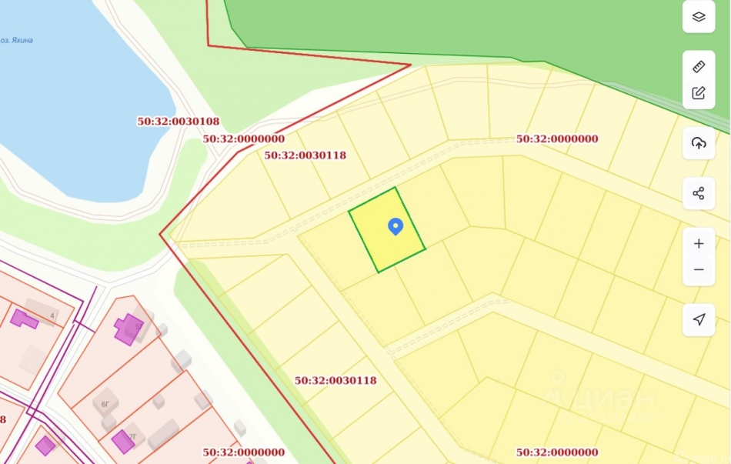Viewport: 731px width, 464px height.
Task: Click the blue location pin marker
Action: (x=396, y=226)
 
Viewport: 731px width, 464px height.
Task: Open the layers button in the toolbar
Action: (x=699, y=17)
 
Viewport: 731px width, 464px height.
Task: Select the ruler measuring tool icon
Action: (x=699, y=66)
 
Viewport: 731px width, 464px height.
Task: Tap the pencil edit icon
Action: (x=699, y=93)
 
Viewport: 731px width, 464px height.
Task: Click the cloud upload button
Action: (x=699, y=143)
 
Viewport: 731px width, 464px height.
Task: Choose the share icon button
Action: (x=699, y=193)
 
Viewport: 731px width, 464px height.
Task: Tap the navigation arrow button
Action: (x=699, y=319)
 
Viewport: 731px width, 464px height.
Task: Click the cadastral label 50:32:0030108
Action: (x=179, y=122)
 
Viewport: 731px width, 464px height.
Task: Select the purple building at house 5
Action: (x=128, y=329)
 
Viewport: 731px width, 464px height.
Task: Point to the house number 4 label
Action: (x=52, y=316)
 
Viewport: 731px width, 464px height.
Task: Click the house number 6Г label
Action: (x=105, y=403)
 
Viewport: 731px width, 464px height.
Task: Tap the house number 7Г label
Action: (x=132, y=436)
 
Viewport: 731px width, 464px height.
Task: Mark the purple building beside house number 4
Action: (x=24, y=319)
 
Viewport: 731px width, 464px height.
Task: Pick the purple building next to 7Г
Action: (x=122, y=442)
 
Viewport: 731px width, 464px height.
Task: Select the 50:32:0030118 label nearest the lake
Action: (x=305, y=155)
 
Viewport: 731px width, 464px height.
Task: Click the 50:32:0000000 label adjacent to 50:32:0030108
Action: (x=243, y=139)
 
